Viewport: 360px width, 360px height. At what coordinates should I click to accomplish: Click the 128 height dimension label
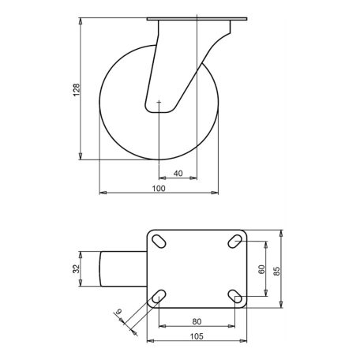pos(76,90)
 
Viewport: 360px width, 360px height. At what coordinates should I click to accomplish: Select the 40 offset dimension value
pos(178,174)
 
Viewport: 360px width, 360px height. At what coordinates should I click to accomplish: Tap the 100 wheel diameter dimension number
pos(159,189)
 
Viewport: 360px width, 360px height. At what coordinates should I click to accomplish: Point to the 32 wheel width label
pos(76,268)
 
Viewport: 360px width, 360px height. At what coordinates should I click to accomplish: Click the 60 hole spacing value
pos(262,269)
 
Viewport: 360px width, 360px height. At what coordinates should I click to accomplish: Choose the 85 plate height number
pos(277,271)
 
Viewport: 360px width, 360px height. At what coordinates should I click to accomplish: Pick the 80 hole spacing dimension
pos(197,321)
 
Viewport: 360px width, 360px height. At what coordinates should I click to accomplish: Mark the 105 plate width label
pos(197,336)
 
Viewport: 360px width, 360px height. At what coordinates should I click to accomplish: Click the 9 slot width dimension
pos(118,312)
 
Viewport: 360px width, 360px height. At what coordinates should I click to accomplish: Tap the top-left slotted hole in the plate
pos(159,241)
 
